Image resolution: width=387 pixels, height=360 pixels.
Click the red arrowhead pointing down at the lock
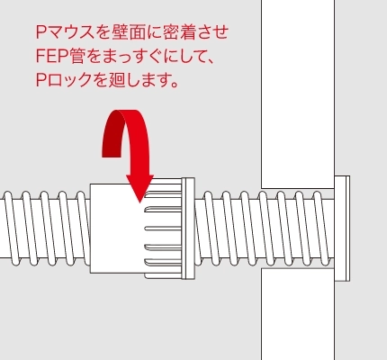coord(139,187)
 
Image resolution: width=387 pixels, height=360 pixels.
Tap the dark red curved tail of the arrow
coord(112,133)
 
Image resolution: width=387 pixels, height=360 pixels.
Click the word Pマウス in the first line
coord(65,32)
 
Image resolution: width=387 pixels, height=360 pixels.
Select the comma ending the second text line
coord(210,61)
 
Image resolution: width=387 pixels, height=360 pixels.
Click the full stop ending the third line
coord(174,84)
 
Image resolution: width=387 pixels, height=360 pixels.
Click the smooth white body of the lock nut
coord(117,228)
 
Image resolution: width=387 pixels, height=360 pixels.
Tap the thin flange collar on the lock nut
coord(188,229)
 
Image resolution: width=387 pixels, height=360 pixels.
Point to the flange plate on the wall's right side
coord(342,229)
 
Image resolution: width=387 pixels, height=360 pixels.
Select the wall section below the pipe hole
coord(298,314)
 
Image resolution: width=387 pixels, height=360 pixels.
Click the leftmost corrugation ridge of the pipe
coord(11,229)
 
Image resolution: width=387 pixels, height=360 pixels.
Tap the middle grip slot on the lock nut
coord(163,229)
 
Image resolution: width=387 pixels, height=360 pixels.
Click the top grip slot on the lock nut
coord(163,195)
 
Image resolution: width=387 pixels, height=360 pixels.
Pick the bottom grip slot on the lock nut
coord(163,264)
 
